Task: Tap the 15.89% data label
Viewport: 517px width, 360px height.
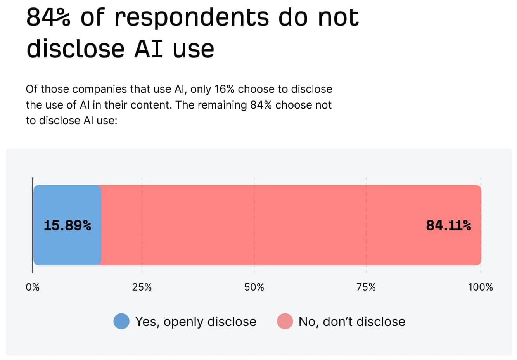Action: coord(67,225)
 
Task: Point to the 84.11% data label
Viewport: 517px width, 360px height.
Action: coord(448,225)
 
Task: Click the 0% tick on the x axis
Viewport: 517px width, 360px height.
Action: coord(33,287)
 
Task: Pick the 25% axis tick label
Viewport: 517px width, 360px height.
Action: coord(142,287)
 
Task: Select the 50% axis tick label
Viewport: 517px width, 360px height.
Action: coord(254,287)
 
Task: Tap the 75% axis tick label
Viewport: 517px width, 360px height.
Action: coord(366,287)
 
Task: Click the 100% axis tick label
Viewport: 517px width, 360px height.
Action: coord(480,287)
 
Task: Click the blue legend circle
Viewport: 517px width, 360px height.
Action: coord(121,321)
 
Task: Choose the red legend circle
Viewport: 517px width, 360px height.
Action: coord(285,321)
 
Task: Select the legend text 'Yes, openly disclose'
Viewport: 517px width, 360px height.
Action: coord(195,322)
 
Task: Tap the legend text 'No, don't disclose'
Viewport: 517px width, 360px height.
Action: coord(352,322)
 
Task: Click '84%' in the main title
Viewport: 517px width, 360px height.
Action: coord(48,17)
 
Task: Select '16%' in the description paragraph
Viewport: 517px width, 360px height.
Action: coord(225,89)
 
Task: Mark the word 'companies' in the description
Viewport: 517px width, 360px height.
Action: coord(99,89)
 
